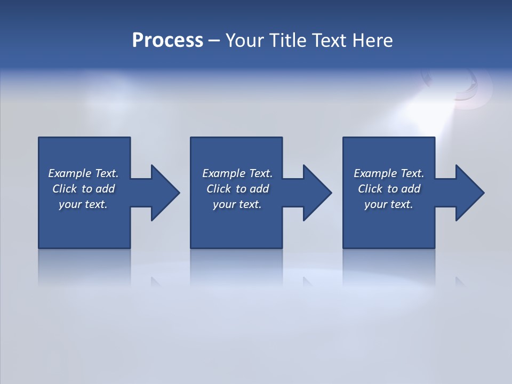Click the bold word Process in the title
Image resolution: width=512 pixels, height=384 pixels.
(x=167, y=41)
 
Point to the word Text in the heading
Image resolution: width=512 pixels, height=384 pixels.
(x=331, y=41)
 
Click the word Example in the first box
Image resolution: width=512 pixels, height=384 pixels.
(x=70, y=173)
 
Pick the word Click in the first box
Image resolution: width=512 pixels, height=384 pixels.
(x=65, y=189)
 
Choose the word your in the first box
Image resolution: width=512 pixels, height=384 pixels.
(x=69, y=204)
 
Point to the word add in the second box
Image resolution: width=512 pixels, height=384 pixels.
(x=259, y=189)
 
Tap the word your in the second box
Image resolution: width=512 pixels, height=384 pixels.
(x=223, y=204)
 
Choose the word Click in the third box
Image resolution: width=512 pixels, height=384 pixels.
(x=370, y=189)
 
